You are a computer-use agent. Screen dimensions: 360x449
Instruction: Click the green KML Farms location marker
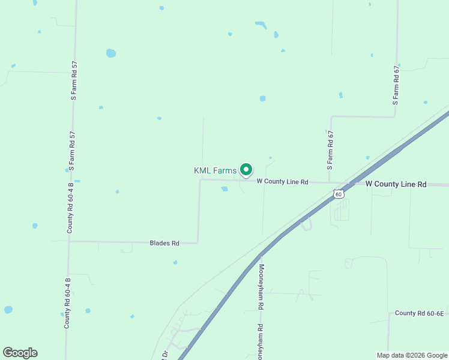pyautogui.click(x=246, y=170)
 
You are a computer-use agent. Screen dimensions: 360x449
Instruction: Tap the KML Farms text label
pyautogui.click(x=215, y=171)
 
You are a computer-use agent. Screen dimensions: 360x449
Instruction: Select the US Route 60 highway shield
pyautogui.click(x=339, y=194)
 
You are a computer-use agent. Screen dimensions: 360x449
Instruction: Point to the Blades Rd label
pyautogui.click(x=164, y=243)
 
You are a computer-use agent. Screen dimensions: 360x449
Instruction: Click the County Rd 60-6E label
pyautogui.click(x=419, y=313)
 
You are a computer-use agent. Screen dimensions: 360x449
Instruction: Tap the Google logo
pyautogui.click(x=20, y=353)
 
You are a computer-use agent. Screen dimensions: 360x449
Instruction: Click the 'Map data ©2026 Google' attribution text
pyautogui.click(x=412, y=355)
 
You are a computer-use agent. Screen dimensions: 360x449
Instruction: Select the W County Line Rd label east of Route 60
pyautogui.click(x=396, y=184)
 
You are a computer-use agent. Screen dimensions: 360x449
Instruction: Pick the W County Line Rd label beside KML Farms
pyautogui.click(x=282, y=181)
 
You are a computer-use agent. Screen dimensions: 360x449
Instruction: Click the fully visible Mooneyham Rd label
pyautogui.click(x=262, y=287)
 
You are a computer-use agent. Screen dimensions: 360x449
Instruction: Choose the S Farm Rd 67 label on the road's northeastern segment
pyautogui.click(x=396, y=85)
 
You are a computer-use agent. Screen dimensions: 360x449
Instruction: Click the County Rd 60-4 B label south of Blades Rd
pyautogui.click(x=68, y=302)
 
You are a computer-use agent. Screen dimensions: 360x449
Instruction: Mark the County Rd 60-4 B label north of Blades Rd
pyautogui.click(x=70, y=208)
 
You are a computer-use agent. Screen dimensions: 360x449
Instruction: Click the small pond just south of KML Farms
pyautogui.click(x=224, y=189)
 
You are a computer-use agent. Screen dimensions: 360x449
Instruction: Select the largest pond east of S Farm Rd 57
pyautogui.click(x=111, y=53)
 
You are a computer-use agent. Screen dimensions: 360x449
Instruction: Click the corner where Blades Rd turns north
pyautogui.click(x=198, y=242)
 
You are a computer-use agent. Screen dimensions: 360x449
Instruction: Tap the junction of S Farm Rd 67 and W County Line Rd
pyautogui.click(x=330, y=182)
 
